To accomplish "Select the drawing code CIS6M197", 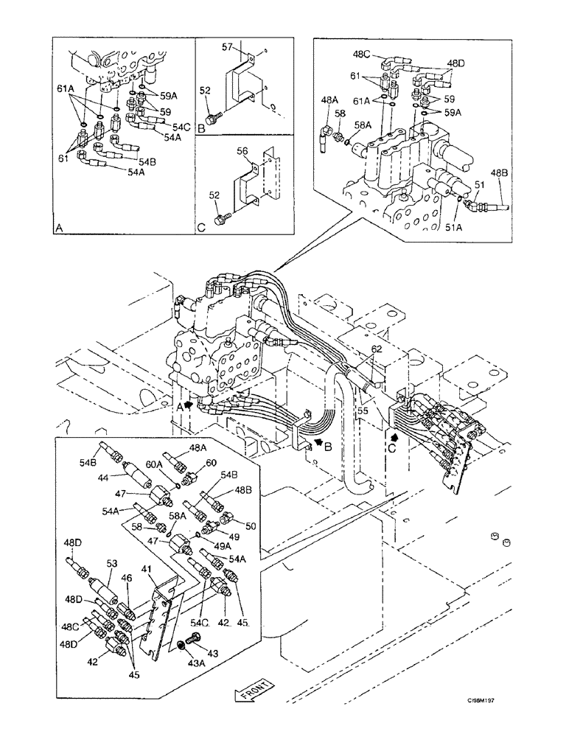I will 498,704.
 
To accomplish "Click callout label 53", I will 112,563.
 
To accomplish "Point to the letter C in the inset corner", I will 200,228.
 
